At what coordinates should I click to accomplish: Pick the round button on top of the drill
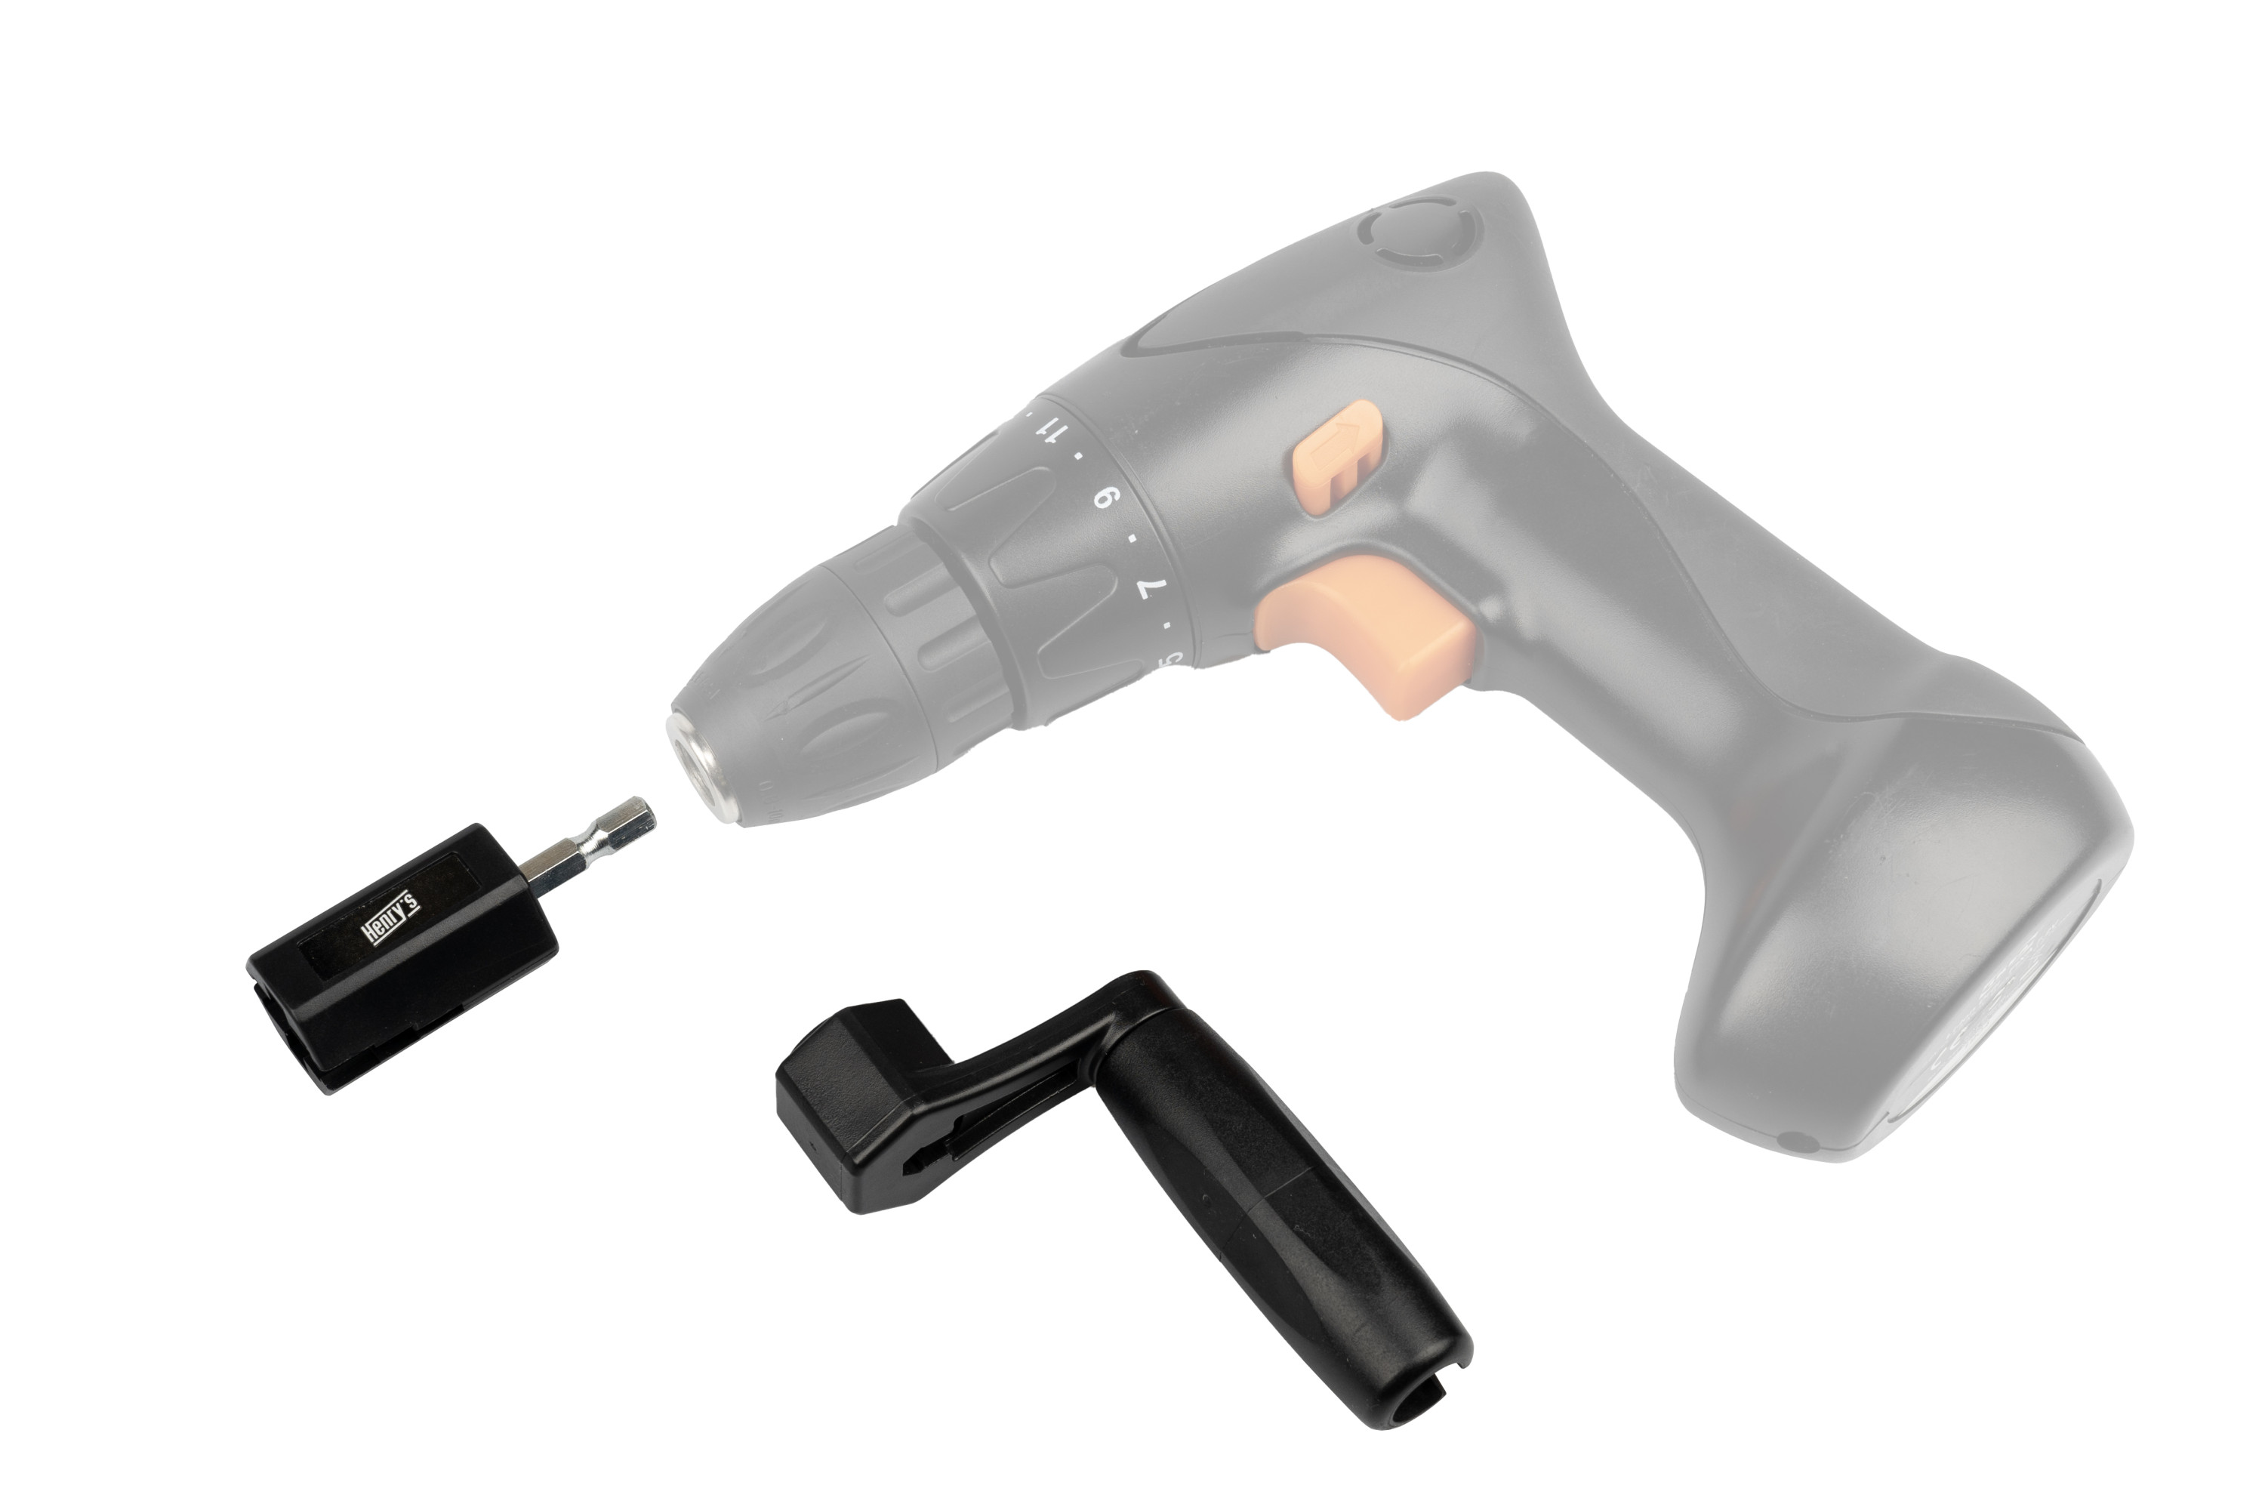click(x=1419, y=234)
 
